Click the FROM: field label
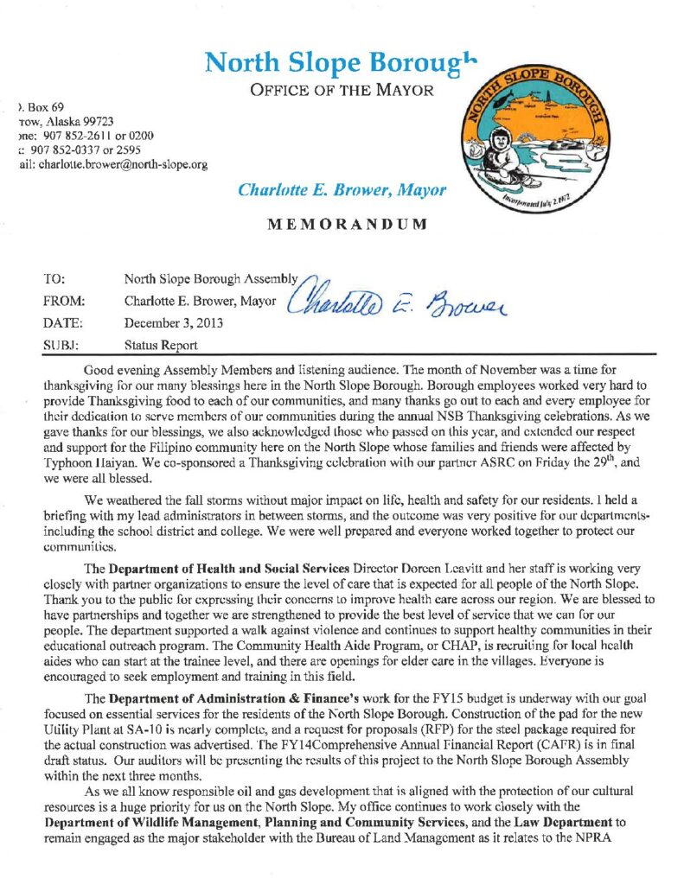(x=61, y=302)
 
